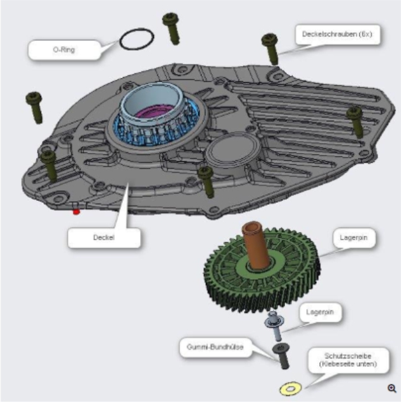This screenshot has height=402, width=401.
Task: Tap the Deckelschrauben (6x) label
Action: [338, 35]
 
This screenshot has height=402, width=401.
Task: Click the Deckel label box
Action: [105, 238]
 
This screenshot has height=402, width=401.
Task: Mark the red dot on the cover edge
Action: [77, 211]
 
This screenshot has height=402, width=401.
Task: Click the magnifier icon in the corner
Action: [392, 388]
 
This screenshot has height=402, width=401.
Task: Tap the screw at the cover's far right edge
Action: [355, 119]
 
